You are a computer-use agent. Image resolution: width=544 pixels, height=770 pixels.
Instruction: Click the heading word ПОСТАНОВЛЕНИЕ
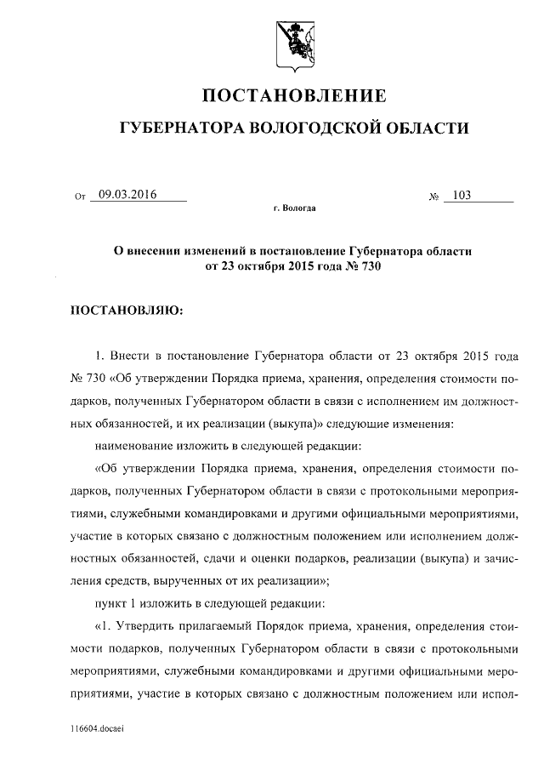293,95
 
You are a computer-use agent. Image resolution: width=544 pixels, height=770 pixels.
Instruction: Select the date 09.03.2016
128,194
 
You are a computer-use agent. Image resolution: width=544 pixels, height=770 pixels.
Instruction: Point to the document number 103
462,195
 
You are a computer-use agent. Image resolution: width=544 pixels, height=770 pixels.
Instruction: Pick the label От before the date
81,197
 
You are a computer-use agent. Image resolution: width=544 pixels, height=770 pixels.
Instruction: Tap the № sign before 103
433,197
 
